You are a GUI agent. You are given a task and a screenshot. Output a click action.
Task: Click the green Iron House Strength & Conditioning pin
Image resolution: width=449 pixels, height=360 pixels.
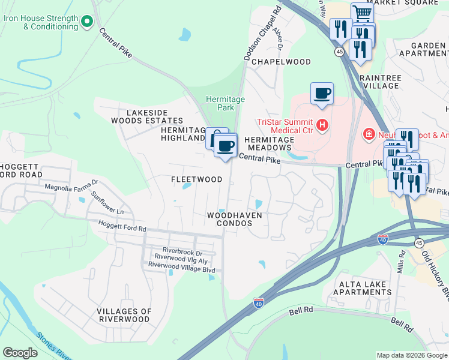pyautogui.click(x=87, y=22)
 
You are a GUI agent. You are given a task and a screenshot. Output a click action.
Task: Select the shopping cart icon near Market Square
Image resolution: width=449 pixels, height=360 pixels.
pyautogui.click(x=363, y=13)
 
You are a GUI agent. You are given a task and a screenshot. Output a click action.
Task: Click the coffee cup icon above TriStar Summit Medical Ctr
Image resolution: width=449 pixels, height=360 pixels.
pyautogui.click(x=322, y=93)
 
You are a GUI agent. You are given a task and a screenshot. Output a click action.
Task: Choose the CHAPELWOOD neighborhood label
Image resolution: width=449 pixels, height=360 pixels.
pyautogui.click(x=281, y=62)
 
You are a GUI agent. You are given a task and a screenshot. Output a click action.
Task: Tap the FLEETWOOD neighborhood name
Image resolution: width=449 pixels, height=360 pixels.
pyautogui.click(x=196, y=179)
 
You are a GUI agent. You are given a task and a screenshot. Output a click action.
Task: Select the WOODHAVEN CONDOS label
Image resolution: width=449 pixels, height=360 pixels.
pyautogui.click(x=235, y=218)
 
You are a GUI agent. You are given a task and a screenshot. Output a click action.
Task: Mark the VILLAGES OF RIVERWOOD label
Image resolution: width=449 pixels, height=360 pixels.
pyautogui.click(x=124, y=315)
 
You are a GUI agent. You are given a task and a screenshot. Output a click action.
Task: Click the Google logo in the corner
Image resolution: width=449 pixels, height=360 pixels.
pyautogui.click(x=20, y=353)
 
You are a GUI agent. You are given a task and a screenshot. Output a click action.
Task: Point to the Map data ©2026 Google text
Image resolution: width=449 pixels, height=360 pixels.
pyautogui.click(x=411, y=355)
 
